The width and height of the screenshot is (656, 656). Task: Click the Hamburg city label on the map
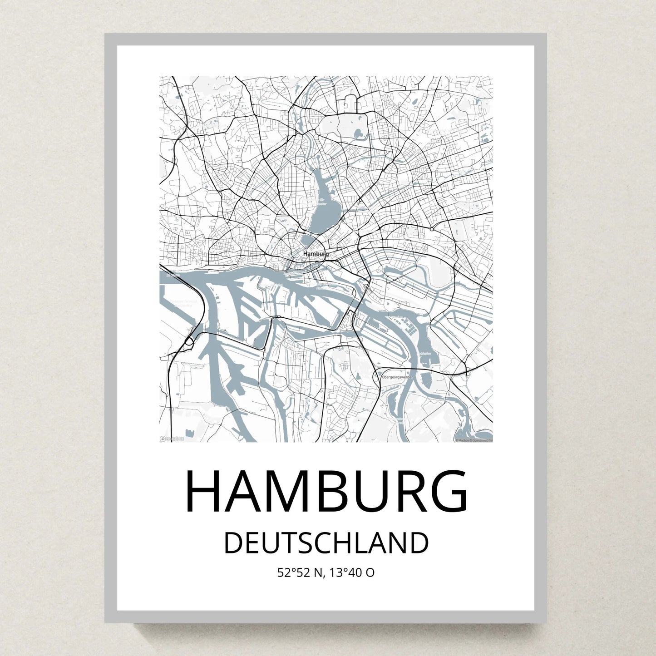316,254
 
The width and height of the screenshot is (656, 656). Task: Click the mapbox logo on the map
172,439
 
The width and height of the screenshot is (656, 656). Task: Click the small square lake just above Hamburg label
310,241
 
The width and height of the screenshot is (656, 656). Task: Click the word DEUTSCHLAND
326,543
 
